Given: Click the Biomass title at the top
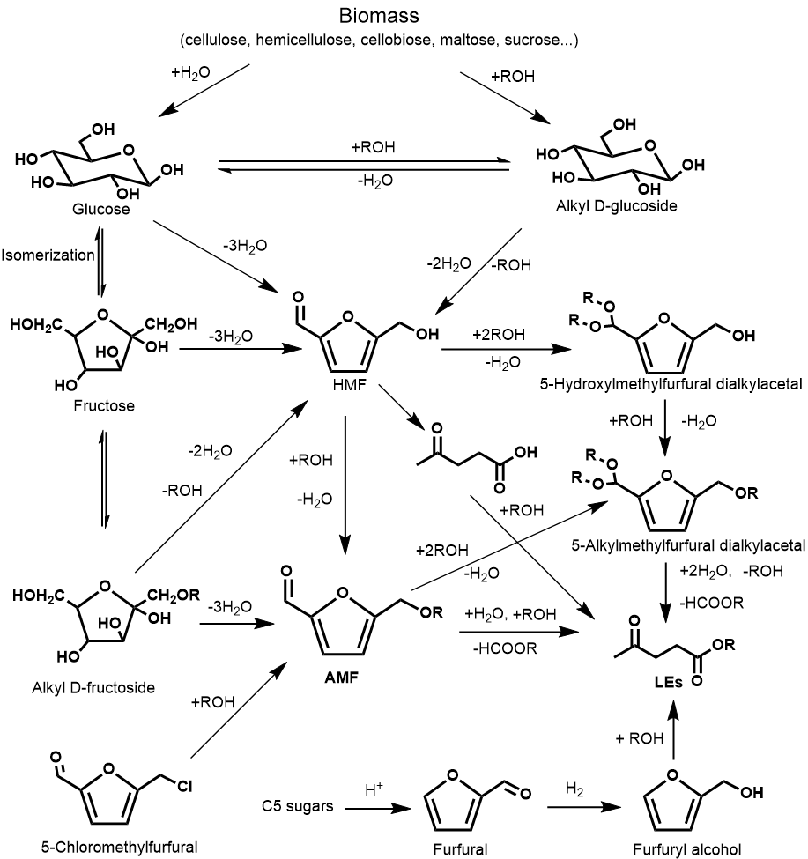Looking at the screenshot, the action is [x=379, y=15].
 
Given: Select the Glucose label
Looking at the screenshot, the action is [x=100, y=210].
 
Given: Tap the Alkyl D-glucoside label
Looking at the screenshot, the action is [x=616, y=206].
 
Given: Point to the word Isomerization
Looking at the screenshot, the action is [x=48, y=255].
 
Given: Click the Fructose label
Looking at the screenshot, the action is [x=104, y=406].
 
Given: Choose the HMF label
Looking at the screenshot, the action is [x=349, y=385].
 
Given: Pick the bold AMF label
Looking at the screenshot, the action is [x=341, y=678].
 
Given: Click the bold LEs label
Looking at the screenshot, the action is [x=668, y=682].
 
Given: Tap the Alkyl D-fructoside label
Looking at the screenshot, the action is [x=93, y=687].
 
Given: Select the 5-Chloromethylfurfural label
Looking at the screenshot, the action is [x=120, y=847].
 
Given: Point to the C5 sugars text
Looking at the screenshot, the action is [x=298, y=806].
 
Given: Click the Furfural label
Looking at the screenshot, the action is [x=460, y=849].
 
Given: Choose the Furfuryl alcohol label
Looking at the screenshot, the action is [x=687, y=849].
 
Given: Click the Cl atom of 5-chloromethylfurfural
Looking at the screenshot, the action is [x=184, y=787].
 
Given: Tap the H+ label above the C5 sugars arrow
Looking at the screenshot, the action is [x=374, y=789].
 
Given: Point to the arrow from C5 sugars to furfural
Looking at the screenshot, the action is [x=378, y=808].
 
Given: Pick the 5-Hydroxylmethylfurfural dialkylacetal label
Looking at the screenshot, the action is [x=671, y=384].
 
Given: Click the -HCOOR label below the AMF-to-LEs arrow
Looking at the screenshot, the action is [x=505, y=648].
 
